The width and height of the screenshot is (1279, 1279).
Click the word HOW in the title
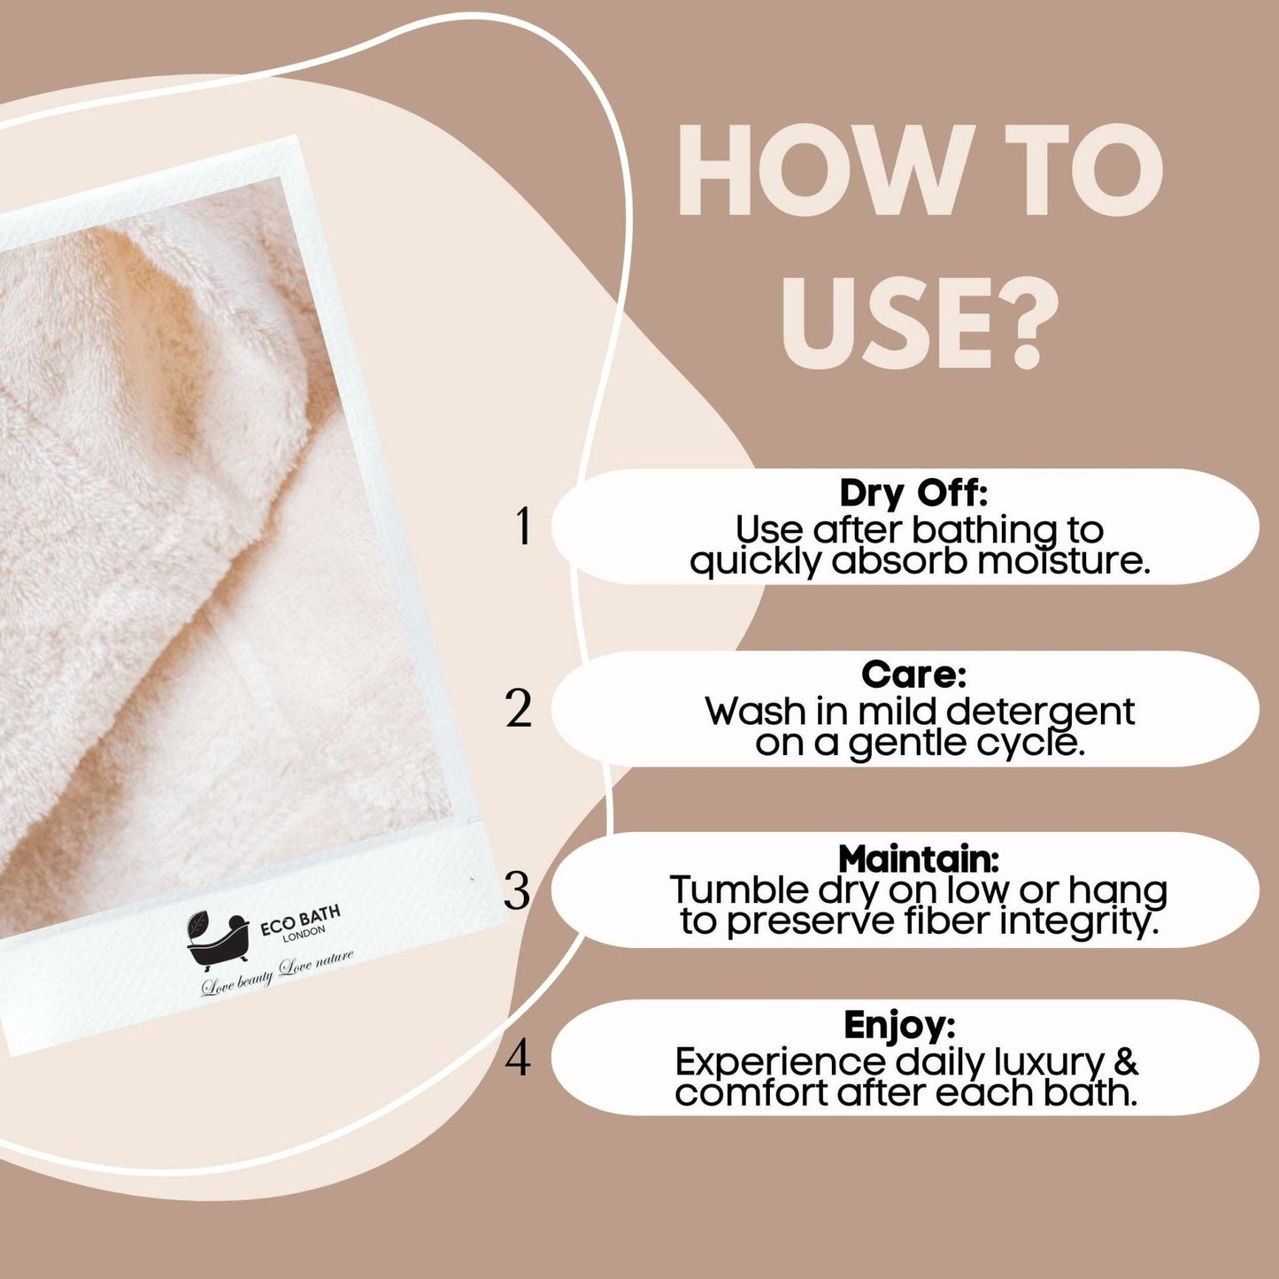click(x=811, y=171)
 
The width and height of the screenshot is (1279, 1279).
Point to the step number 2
click(x=520, y=709)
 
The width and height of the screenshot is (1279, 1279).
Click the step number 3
click(x=518, y=890)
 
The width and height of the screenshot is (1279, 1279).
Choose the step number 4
click(x=518, y=1058)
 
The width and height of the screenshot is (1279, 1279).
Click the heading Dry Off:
click(x=913, y=492)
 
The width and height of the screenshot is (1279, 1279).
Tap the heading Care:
click(x=913, y=674)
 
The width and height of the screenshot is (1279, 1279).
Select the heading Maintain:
click(x=919, y=858)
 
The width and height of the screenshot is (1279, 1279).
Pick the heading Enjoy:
click(x=899, y=1025)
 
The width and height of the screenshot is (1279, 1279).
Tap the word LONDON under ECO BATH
click(x=304, y=935)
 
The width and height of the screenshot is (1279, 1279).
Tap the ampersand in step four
click(x=1124, y=1059)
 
